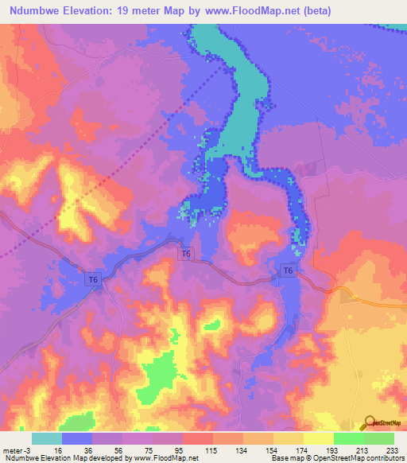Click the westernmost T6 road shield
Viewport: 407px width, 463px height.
coord(94,278)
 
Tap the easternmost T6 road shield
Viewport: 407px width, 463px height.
coord(289,272)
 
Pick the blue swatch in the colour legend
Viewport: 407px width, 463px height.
coord(77,438)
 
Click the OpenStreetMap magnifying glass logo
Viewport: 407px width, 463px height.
coord(368,422)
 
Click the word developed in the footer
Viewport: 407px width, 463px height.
coord(99,458)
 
